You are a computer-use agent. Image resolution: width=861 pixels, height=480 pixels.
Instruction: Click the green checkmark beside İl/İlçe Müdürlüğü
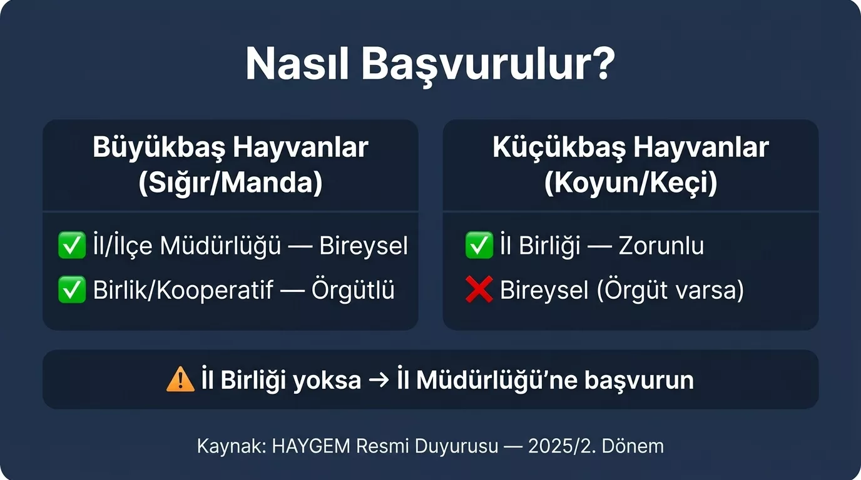(x=71, y=246)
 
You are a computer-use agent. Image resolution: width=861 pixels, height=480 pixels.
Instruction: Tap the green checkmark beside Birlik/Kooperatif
(x=71, y=290)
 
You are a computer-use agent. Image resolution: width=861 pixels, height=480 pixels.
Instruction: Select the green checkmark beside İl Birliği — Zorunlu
(x=479, y=246)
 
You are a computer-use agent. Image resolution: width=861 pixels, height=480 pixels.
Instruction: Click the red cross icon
(x=479, y=290)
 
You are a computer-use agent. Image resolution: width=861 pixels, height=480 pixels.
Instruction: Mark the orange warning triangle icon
(x=180, y=379)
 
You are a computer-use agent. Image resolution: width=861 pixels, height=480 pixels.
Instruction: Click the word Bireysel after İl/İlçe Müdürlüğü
(x=364, y=246)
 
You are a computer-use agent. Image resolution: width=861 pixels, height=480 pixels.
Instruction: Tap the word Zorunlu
(x=661, y=246)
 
